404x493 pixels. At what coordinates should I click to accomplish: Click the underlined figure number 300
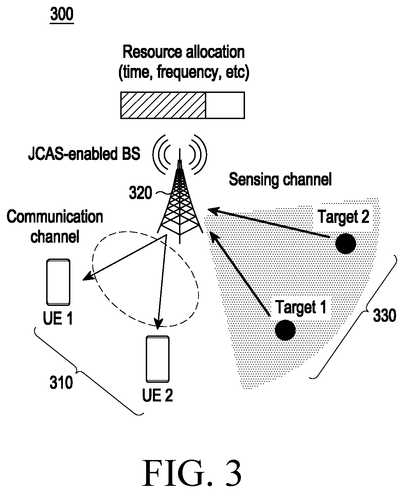coord(62,15)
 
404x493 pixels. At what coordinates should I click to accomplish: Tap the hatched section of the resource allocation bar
coord(163,105)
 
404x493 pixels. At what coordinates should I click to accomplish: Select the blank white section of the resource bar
coord(225,105)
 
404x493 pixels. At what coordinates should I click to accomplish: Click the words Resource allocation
coord(184,52)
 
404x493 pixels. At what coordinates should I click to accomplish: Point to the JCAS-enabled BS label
coord(84,154)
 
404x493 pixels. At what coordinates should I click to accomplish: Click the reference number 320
coord(141,193)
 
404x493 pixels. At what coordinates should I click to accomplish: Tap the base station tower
coord(180,201)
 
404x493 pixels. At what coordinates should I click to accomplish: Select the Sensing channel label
coord(280,180)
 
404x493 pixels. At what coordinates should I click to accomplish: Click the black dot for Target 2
coord(346,244)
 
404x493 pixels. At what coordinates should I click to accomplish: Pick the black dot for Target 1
coord(285,330)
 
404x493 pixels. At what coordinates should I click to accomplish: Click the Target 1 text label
coord(301,307)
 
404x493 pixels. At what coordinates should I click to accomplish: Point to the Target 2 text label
coord(344,217)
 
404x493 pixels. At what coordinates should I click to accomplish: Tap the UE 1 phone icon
coord(58,282)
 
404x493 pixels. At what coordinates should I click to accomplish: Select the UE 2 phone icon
coord(158,359)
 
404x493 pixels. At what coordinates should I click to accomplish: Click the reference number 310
coord(61,383)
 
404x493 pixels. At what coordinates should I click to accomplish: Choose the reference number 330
coord(385,315)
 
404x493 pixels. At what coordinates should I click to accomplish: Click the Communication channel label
coord(55,226)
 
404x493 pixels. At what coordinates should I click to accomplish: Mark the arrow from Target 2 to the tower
coord(269,223)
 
